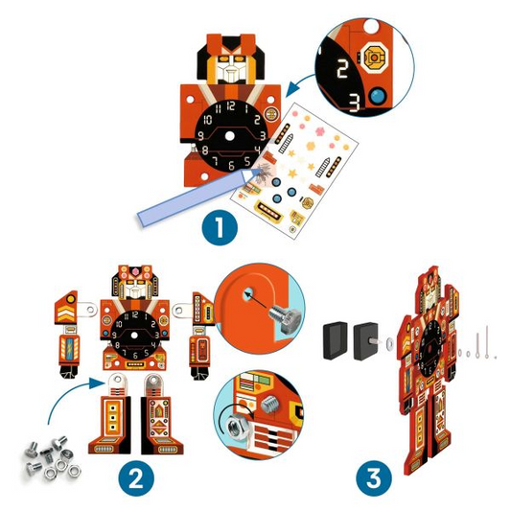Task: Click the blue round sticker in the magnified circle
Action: [x=378, y=97]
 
